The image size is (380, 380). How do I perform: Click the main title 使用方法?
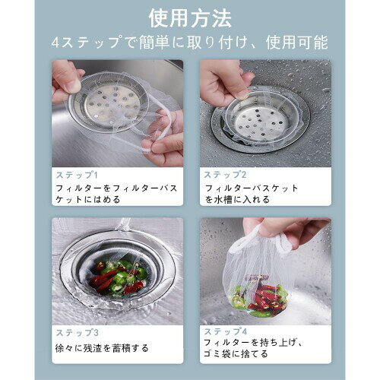190,18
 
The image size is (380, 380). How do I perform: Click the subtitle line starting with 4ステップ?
190,43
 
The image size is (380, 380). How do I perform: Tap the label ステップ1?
77,175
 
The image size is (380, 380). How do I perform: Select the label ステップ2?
225,175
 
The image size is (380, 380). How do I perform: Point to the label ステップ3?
77,333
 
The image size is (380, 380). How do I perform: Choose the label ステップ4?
226,331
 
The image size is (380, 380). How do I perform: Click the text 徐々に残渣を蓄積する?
102,348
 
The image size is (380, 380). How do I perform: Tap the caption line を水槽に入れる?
237,200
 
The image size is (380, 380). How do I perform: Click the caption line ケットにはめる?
88,200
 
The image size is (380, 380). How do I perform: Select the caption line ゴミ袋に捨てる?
236,353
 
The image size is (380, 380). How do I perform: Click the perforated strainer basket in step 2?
264,119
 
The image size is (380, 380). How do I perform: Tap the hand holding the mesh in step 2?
224,81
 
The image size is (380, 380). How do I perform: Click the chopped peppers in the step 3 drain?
117,277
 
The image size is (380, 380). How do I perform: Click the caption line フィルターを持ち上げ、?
253,343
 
